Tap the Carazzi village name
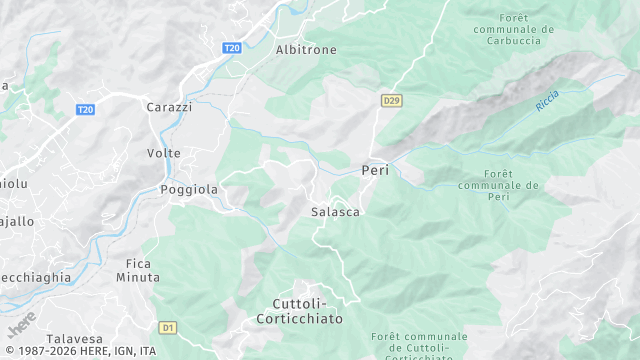coord(168,107)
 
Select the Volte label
coord(164,153)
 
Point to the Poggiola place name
coord(189,189)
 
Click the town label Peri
coord(375,171)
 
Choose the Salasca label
coord(335,212)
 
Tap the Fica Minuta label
coord(143,270)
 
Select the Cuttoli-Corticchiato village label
coord(307,311)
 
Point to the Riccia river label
coord(547,100)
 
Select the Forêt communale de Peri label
coord(497,186)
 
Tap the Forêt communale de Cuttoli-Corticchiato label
coord(419,346)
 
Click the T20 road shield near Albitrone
coord(232,48)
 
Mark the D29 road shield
coord(391,100)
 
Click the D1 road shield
coord(168,327)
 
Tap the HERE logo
coord(21,325)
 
